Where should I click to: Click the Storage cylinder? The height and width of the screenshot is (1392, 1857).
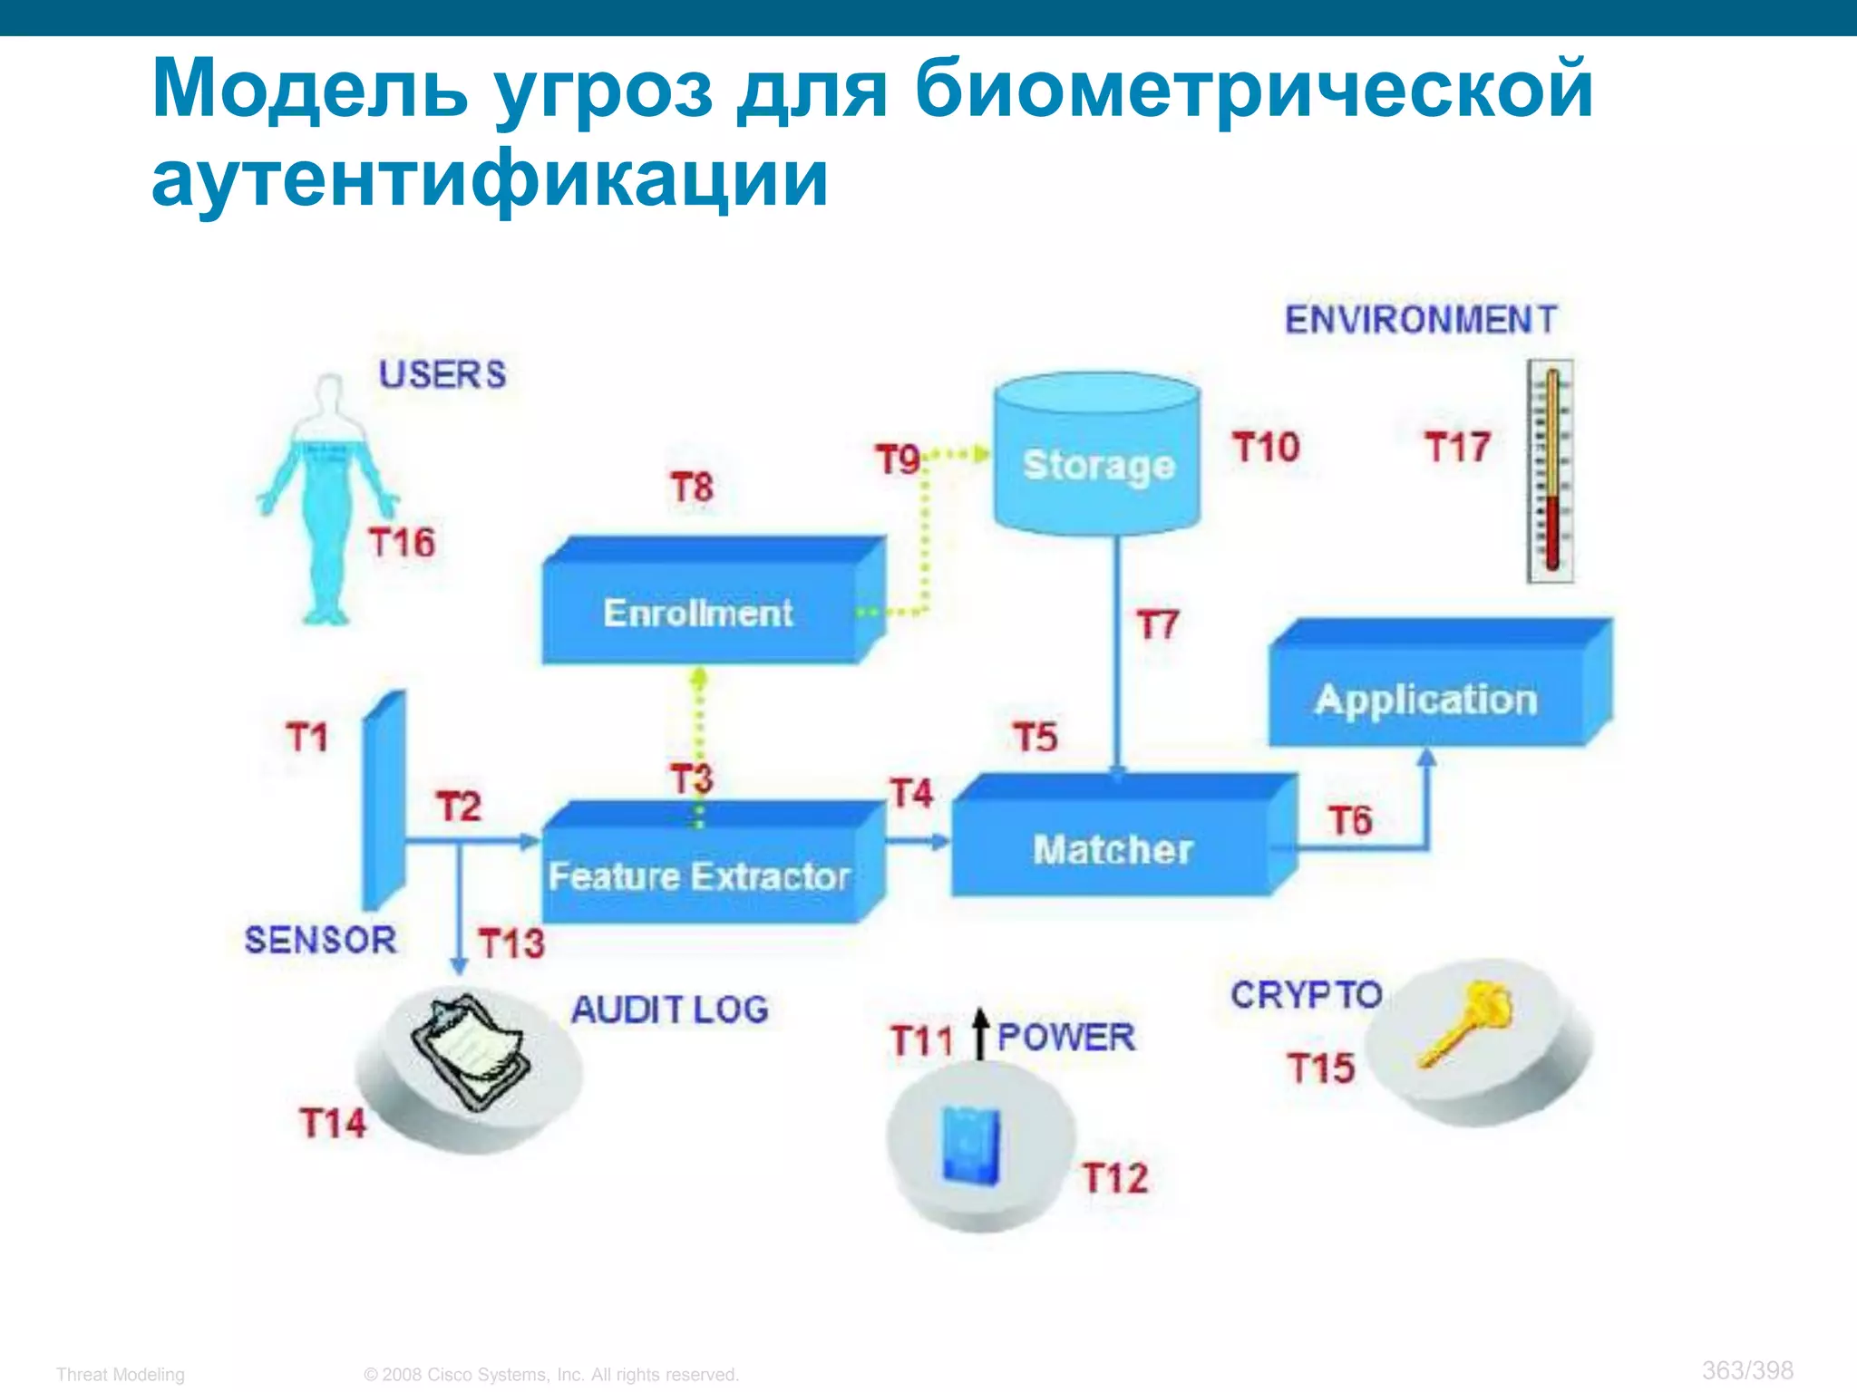pos(1097,453)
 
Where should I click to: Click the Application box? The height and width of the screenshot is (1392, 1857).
pos(1428,693)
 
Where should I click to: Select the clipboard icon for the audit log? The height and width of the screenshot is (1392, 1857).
pos(472,1051)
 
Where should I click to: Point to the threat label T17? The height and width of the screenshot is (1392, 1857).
pos(1457,447)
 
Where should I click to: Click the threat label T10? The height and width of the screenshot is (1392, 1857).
pos(1266,447)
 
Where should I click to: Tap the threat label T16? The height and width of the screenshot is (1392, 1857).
pos(402,542)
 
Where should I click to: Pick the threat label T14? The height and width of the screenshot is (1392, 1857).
pos(333,1123)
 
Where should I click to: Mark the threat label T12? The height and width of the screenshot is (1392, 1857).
pos(1115,1178)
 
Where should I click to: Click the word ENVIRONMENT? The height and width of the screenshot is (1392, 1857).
pos(1421,319)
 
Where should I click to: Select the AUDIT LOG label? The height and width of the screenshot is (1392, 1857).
pos(670,1010)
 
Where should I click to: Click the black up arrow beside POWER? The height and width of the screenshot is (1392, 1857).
pos(980,1033)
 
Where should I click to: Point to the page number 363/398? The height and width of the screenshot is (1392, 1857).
pos(1747,1369)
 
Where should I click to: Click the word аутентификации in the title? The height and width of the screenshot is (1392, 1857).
pos(490,178)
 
